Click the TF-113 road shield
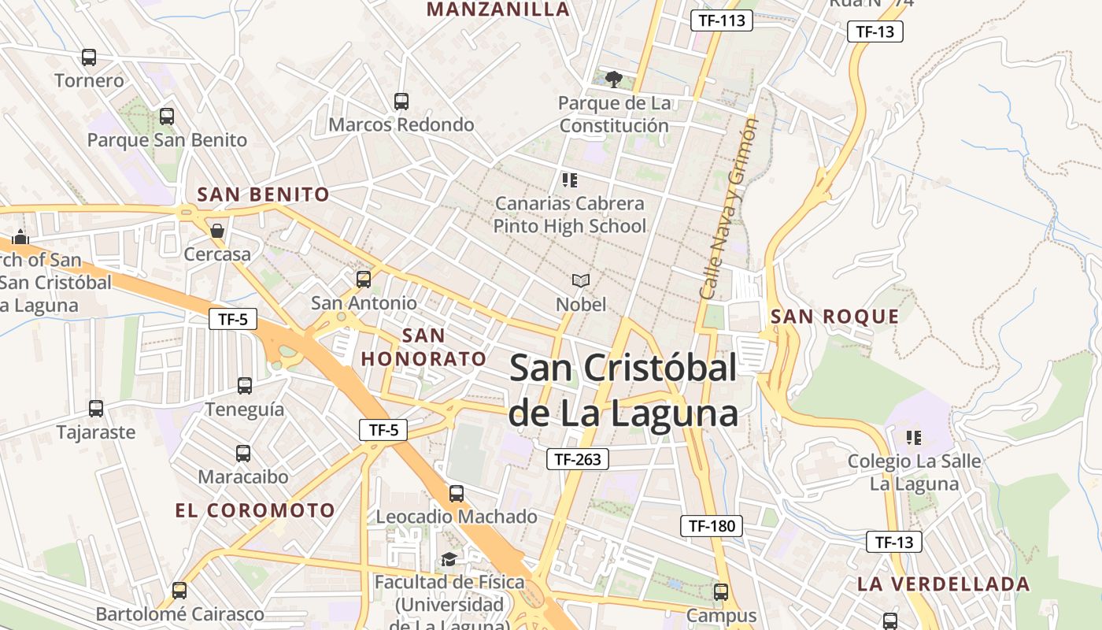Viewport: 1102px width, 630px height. tap(721, 20)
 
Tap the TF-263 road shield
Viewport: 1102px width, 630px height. tap(578, 459)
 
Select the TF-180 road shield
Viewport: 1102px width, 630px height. tap(711, 526)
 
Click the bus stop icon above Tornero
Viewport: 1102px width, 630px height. tap(89, 57)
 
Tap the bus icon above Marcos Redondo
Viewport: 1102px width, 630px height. tap(401, 102)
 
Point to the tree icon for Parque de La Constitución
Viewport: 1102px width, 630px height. tap(614, 79)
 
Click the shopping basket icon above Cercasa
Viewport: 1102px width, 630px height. tap(217, 231)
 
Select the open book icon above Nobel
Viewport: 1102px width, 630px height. tap(581, 280)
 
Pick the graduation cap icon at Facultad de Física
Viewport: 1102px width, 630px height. tap(449, 559)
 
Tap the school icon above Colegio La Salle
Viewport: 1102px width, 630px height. tap(914, 437)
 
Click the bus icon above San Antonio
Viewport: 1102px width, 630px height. tap(364, 280)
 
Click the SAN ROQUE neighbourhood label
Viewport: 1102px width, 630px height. tap(834, 317)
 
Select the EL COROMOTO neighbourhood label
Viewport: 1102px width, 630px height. tap(255, 510)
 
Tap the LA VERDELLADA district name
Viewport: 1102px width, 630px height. tap(943, 584)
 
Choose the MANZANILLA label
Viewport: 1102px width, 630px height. tap(497, 9)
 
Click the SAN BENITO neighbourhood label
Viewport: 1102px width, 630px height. tap(263, 195)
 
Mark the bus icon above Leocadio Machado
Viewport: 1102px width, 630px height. tap(457, 494)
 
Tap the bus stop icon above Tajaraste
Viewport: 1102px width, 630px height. tap(96, 409)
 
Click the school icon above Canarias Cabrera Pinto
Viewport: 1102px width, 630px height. tap(570, 180)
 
